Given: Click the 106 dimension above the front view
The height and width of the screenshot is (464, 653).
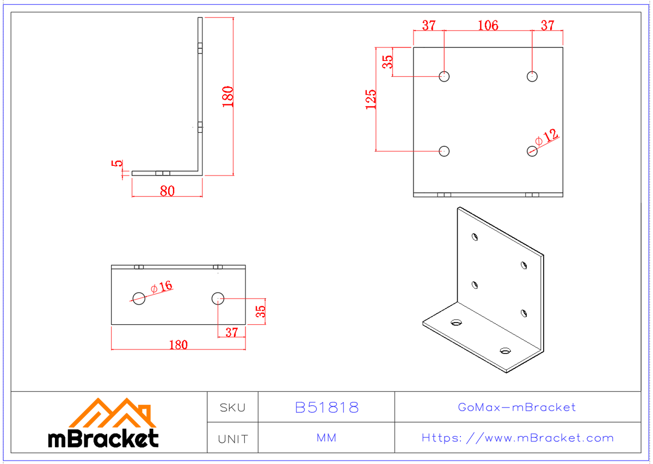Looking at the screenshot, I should [488, 26].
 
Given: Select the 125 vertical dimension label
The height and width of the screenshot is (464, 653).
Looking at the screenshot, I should [371, 100].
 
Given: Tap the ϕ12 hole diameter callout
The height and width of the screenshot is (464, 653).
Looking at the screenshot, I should [547, 137].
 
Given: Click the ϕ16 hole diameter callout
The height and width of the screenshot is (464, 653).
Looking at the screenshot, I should [162, 287].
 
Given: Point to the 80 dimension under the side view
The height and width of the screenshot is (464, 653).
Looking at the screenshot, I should [167, 191].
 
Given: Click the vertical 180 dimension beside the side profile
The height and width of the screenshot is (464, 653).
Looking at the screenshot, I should [228, 96].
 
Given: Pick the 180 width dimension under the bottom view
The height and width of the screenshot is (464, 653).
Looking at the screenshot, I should [178, 344].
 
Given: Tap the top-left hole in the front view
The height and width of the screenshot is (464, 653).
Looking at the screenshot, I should [445, 76].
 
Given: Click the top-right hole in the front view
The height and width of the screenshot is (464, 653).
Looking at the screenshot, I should [532, 76].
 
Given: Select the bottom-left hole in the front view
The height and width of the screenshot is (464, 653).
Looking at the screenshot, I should [445, 151].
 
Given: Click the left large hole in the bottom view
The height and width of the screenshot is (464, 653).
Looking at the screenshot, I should [139, 298].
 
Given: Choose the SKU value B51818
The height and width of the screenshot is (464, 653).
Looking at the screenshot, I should [326, 407].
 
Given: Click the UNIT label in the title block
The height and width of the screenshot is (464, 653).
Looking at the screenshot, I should [232, 438].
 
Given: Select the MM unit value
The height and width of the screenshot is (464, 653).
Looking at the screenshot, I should [326, 438].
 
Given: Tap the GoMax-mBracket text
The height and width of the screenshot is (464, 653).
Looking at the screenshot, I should [516, 407].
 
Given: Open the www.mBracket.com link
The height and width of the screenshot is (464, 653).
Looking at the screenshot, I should [518, 438].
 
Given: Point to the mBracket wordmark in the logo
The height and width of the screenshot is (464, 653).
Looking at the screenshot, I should [103, 438].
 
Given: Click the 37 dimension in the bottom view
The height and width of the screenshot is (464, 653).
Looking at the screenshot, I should [232, 332].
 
